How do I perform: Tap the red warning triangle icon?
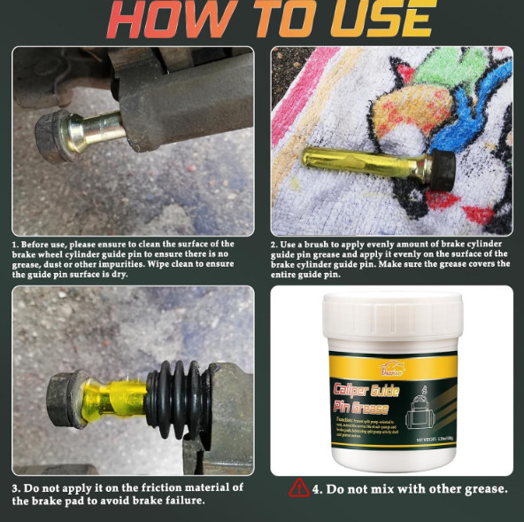300,488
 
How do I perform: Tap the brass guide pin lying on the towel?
364,162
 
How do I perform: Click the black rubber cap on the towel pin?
442,169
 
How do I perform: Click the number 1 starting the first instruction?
14,244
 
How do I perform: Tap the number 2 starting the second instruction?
274,244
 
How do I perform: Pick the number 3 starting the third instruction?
15,488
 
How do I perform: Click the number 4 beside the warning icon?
316,488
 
